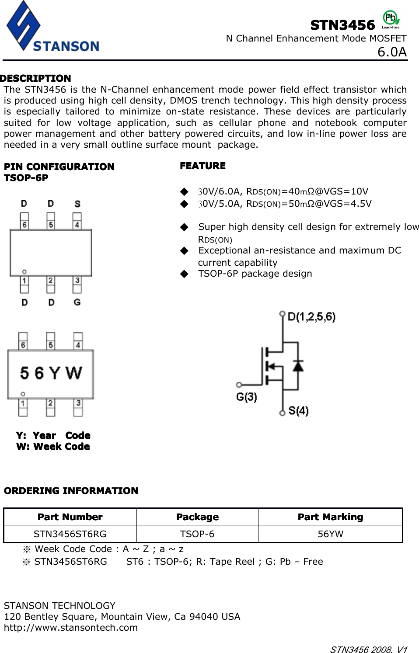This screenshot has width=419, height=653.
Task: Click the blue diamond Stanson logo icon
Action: pyautogui.click(x=23, y=25)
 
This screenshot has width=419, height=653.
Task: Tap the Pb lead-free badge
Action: pyautogui.click(x=391, y=19)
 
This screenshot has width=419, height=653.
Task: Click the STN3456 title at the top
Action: pyautogui.click(x=342, y=25)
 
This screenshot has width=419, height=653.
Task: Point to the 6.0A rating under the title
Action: pyautogui.click(x=392, y=52)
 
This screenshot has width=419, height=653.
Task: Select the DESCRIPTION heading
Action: pyautogui.click(x=36, y=78)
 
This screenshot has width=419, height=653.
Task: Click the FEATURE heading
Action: pyautogui.click(x=203, y=166)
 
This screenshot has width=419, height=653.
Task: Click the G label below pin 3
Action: pyautogui.click(x=77, y=302)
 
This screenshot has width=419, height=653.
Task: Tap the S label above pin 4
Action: pyautogui.click(x=77, y=204)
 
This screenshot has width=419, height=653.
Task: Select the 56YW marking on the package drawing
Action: pyautogui.click(x=51, y=373)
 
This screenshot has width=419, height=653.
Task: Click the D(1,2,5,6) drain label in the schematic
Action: pyautogui.click(x=311, y=316)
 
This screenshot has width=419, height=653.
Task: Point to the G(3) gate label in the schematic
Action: pyautogui.click(x=247, y=397)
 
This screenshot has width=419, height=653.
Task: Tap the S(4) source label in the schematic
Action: pyautogui.click(x=298, y=410)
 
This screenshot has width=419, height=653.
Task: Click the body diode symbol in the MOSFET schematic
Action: pyautogui.click(x=298, y=365)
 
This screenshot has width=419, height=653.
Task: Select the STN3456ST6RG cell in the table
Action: pyautogui.click(x=70, y=534)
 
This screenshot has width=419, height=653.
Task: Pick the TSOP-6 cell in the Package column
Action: pyautogui.click(x=197, y=534)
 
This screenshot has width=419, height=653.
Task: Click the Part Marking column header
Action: pyautogui.click(x=330, y=517)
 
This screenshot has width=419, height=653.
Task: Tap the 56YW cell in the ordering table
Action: pyautogui.click(x=330, y=534)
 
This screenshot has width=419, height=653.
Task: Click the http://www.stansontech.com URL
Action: pyautogui.click(x=71, y=627)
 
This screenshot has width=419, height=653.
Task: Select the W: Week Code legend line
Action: pyautogui.click(x=53, y=446)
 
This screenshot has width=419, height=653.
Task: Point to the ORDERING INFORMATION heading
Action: pyautogui.click(x=71, y=490)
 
